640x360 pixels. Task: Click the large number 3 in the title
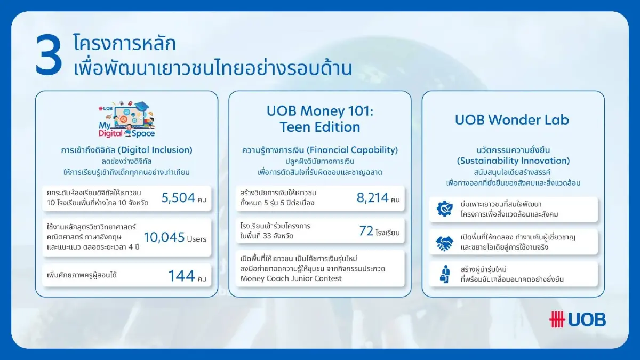point(49,55)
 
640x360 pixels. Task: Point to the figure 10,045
point(164,237)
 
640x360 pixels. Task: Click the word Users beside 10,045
point(197,239)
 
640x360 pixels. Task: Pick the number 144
point(181,276)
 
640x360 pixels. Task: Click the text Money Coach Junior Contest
point(291,278)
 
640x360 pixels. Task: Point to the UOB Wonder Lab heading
point(512,119)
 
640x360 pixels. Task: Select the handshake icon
point(443,243)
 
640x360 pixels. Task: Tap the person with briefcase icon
point(444,274)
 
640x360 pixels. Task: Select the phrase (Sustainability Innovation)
point(513,161)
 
